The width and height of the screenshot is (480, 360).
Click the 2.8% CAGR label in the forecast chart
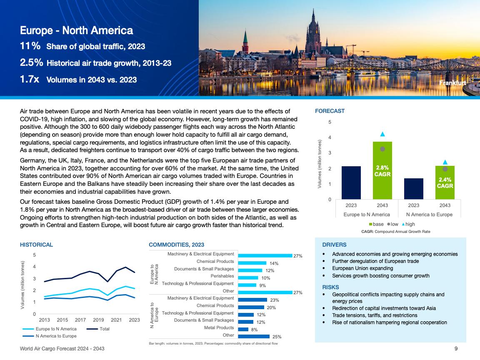[x=382, y=171]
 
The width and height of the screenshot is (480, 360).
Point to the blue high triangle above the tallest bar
[x=382, y=134]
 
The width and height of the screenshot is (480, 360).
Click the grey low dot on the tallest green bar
[x=382, y=149]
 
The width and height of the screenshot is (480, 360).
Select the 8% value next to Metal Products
[x=254, y=330]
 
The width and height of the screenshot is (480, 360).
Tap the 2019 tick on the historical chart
[x=98, y=320]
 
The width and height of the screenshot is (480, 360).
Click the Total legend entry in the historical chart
[x=105, y=329]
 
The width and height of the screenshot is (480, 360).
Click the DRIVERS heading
[x=334, y=245]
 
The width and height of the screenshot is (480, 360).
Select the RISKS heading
[x=330, y=287]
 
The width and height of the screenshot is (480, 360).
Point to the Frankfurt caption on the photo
[x=452, y=83]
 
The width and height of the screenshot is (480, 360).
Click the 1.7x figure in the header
[x=30, y=79]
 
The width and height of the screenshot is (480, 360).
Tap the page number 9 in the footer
[x=456, y=348]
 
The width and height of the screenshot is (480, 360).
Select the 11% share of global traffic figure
[x=30, y=46]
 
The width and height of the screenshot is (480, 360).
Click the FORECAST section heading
[x=330, y=111]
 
